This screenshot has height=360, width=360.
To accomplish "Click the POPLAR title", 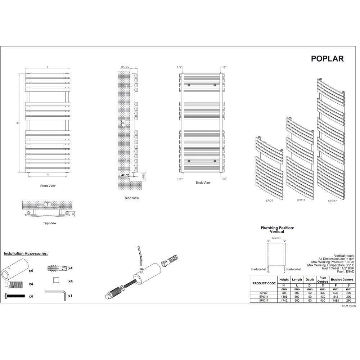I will [x=327, y=59].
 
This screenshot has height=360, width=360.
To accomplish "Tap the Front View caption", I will [x=48, y=186].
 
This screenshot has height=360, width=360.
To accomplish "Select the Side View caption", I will [x=131, y=198].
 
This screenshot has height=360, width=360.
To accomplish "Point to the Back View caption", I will [x=203, y=183].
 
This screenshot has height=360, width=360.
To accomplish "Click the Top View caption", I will [x=49, y=223].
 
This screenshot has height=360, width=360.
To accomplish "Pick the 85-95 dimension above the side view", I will [x=126, y=67].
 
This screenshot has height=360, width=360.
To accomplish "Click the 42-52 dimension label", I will [x=125, y=175].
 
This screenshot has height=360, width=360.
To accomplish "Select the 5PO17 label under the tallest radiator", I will [x=333, y=201].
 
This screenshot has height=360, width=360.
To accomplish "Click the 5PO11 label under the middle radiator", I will [x=301, y=200].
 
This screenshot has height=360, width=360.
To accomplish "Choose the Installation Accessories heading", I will [x=26, y=254].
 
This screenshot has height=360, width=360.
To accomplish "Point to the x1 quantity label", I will [x=71, y=296].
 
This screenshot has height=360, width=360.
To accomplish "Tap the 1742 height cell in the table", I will [x=284, y=300].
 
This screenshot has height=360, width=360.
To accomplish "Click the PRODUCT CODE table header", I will [x=264, y=283].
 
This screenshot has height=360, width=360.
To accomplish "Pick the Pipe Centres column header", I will [x=323, y=280].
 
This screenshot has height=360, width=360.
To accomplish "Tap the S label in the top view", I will [x=46, y=204].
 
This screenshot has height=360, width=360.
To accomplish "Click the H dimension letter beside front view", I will [x=17, y=123].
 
